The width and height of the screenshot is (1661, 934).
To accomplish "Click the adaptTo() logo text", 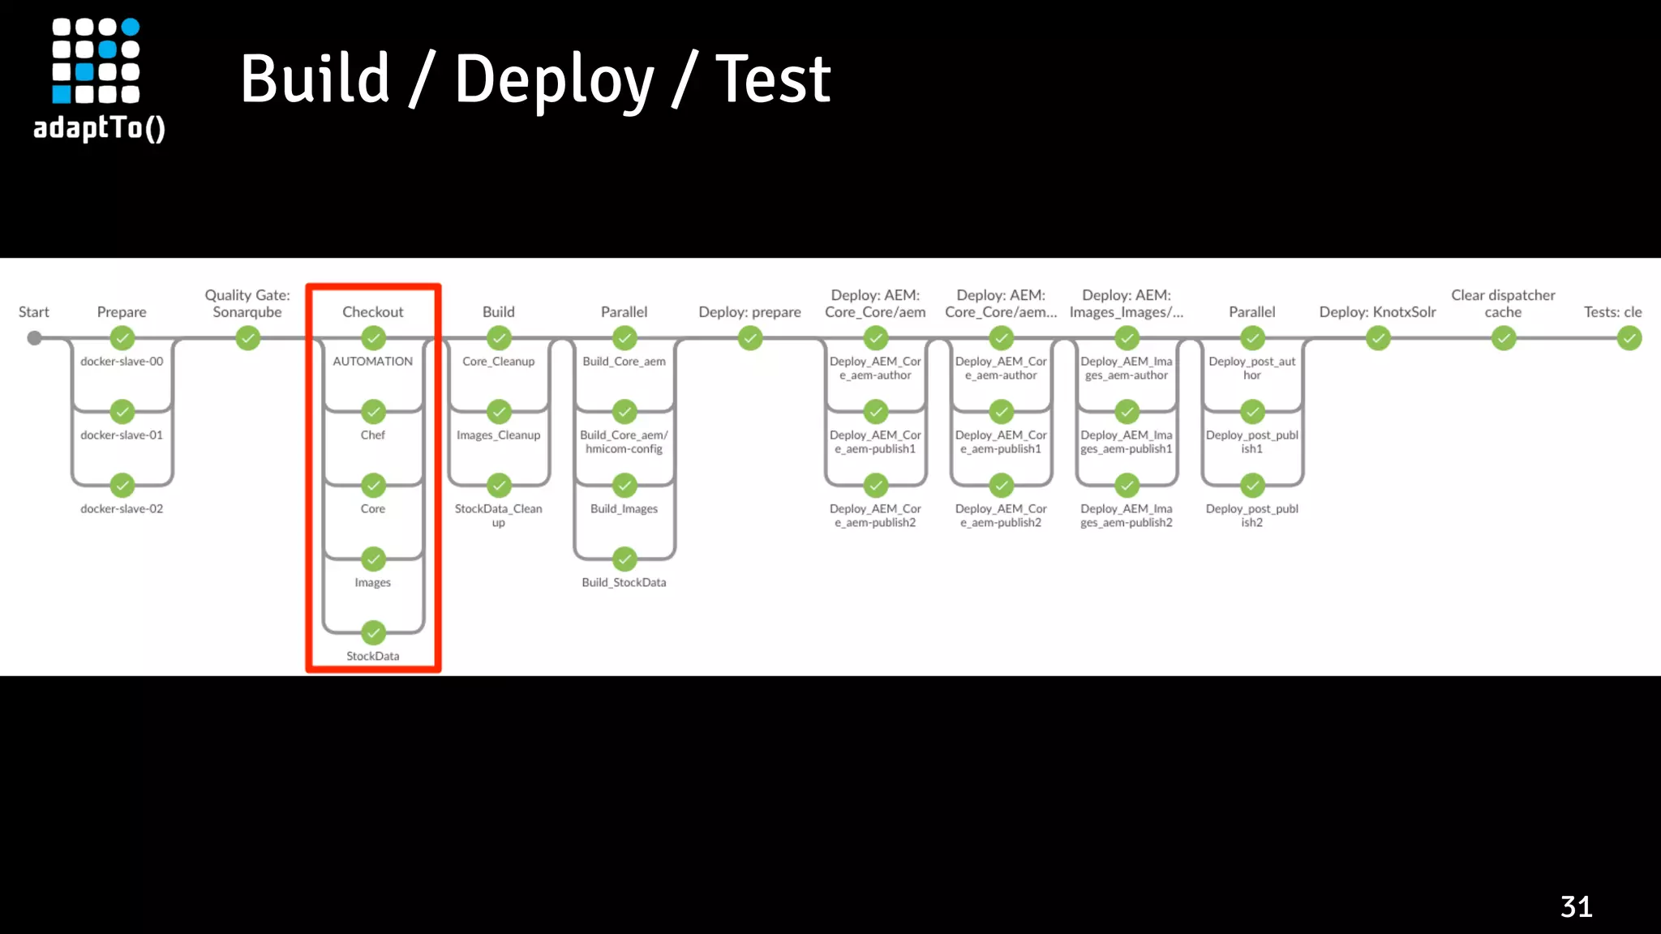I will pos(99,128).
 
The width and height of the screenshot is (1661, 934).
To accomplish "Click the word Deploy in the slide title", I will pos(553,79).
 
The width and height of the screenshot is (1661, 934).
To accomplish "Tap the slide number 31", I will pos(1576,906).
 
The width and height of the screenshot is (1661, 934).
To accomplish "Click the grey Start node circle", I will pos(34,338).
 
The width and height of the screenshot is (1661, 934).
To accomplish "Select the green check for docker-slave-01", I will pos(122,412).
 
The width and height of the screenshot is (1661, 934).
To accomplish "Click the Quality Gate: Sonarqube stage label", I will pos(247,303).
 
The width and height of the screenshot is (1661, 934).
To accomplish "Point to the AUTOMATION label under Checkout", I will pos(372,362).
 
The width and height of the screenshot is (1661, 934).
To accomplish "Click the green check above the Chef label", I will pos(373,412).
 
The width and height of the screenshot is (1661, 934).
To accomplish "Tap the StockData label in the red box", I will pos(372,656).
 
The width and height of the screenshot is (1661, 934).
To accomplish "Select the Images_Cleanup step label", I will pos(498,435).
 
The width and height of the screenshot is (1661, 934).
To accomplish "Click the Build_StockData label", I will pos(624,582).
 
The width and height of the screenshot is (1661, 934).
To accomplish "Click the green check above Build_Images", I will pos(624,486).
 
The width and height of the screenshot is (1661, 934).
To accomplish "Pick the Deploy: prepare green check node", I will pos(750,338).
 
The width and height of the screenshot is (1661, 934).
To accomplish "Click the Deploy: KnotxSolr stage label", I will pos(1377,312).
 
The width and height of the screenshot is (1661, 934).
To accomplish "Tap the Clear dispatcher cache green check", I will pos(1503,338).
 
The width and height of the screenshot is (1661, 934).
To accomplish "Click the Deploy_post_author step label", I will pos(1251,368).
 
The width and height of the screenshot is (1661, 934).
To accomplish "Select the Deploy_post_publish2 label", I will pos(1251,516).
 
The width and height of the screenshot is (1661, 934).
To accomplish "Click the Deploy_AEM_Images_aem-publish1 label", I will pos(1126,442).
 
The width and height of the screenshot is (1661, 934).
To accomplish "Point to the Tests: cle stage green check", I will pos(1629,338).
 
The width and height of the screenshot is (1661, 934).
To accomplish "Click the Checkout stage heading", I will pos(372,312).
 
